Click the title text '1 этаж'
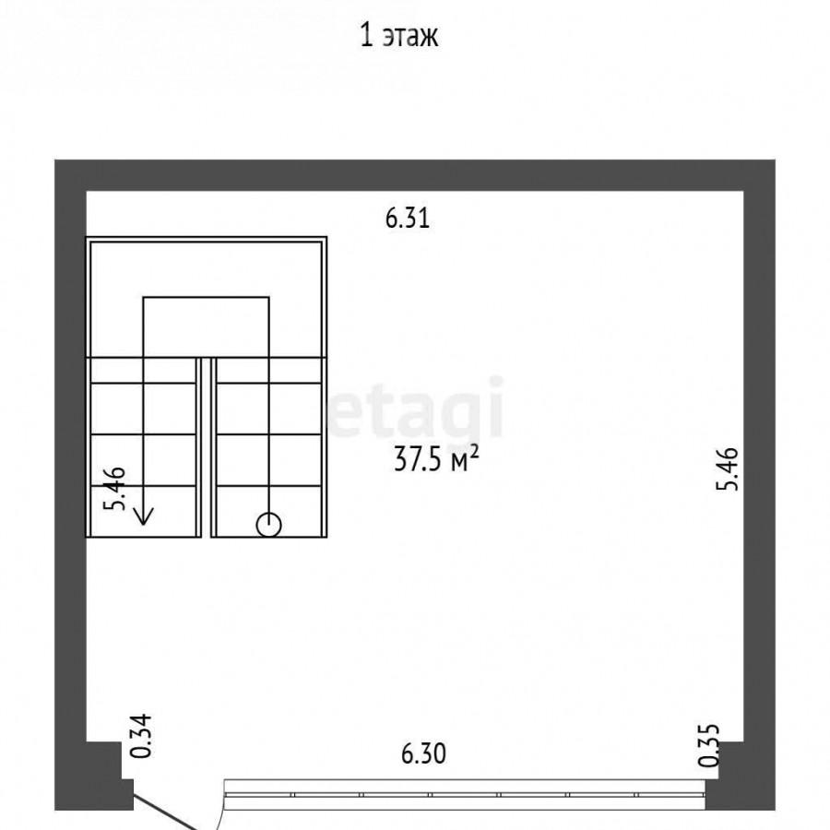[399, 37]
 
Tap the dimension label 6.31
[407, 218]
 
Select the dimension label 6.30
[423, 753]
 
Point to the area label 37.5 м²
[437, 459]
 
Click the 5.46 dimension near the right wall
[728, 468]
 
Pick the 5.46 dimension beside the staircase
[115, 488]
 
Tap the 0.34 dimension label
[141, 736]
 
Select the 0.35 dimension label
[709, 745]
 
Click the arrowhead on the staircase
[144, 516]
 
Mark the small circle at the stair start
[269, 525]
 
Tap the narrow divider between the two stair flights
[207, 447]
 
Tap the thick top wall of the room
[415, 175]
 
